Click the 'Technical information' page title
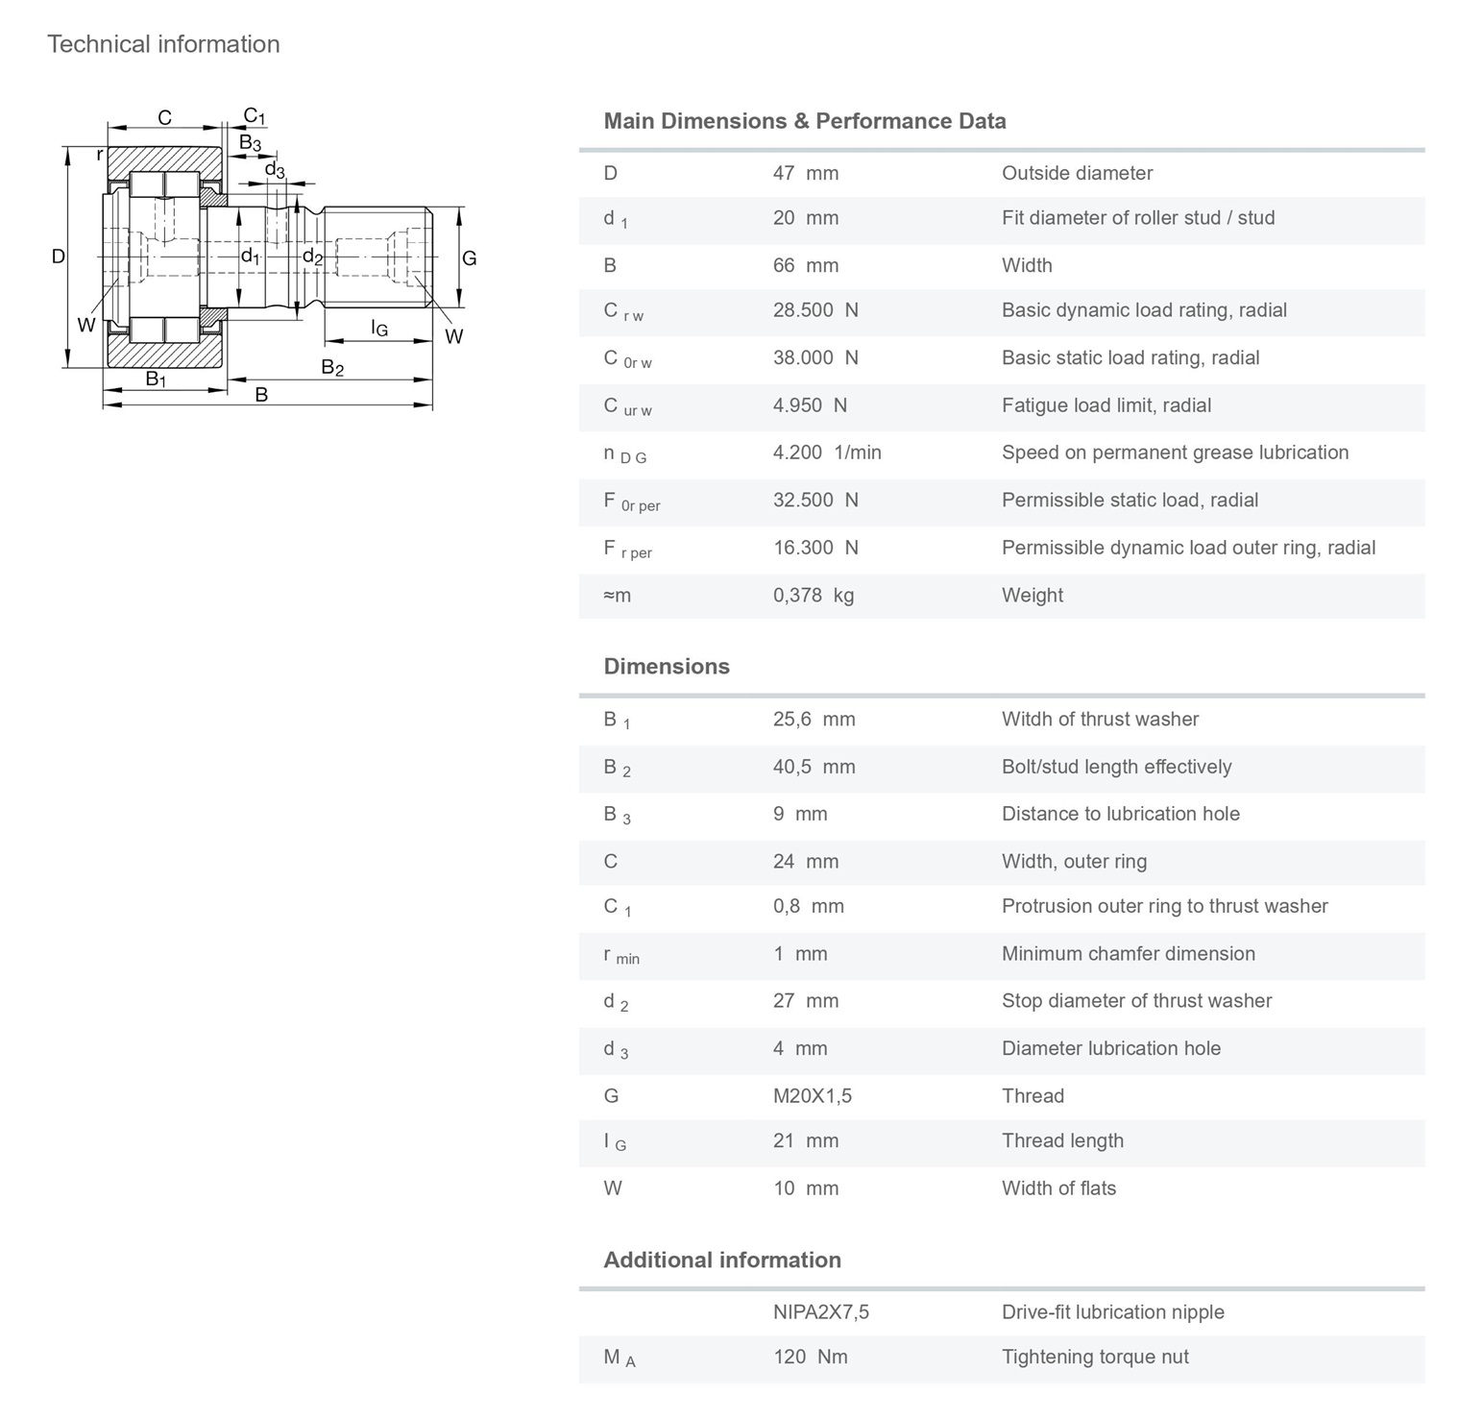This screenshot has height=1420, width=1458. point(163,44)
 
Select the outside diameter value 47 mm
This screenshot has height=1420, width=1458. point(805,173)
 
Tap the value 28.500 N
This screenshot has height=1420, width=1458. point(815,310)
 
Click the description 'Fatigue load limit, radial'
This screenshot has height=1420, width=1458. point(1106,405)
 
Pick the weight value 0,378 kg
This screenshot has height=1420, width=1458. point(813,596)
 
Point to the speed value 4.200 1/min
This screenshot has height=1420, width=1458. point(826,453)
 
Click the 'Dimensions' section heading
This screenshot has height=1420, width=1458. point(666,667)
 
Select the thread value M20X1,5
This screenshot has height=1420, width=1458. point(812,1096)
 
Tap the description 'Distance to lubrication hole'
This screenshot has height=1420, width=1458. point(1120,814)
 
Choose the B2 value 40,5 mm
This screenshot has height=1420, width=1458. point(814,767)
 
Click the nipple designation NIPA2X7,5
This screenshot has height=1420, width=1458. point(820,1312)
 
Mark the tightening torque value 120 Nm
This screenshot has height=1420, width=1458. point(810,1358)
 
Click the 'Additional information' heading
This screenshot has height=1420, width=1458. point(721,1261)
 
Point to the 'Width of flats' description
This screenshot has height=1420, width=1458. point(1058,1188)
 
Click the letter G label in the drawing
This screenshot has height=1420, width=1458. point(469,257)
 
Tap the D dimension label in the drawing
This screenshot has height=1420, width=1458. point(59,257)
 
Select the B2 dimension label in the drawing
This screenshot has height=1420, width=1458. point(331,367)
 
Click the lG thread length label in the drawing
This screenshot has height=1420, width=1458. point(379,329)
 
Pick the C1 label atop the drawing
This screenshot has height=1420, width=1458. point(254,116)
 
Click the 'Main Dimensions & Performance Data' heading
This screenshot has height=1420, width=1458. point(804,121)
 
